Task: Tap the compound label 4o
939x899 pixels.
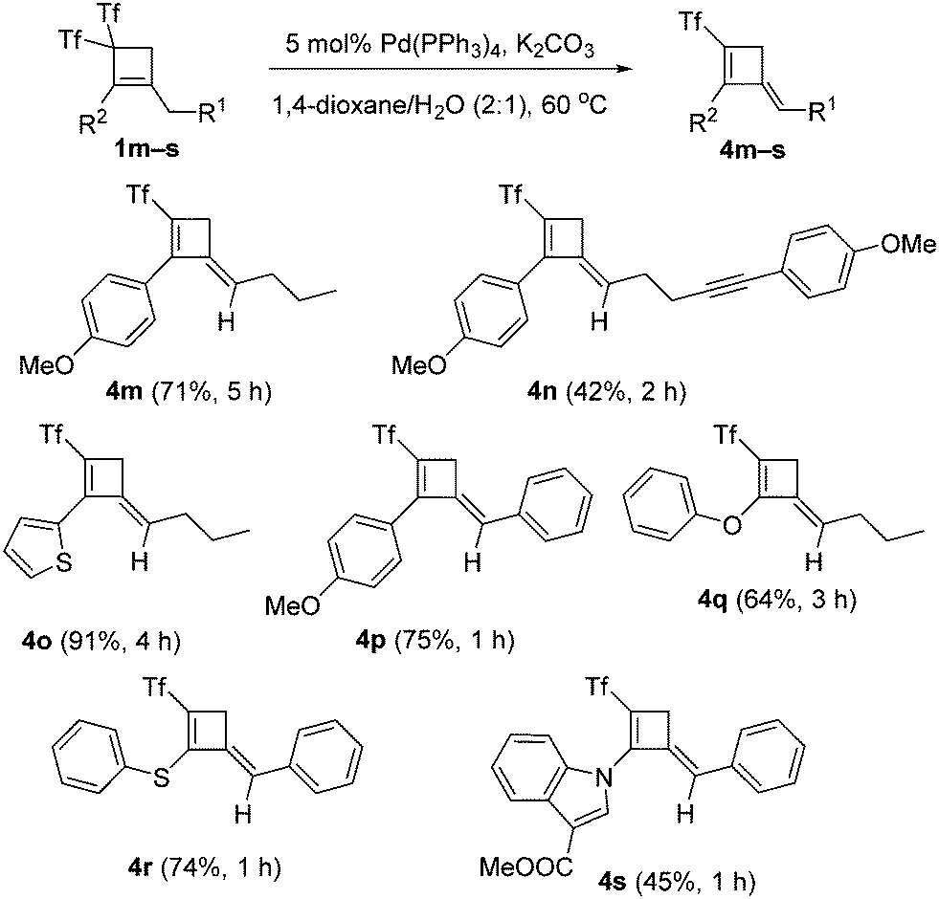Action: [37, 642]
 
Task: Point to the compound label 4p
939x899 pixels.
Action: [371, 642]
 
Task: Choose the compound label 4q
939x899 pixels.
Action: [713, 599]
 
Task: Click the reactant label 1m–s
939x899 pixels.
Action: [146, 149]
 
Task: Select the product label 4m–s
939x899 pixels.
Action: [752, 150]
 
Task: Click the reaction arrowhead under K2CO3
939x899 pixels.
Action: [625, 68]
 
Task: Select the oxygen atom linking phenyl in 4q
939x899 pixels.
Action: [731, 525]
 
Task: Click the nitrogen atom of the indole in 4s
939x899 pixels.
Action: [606, 778]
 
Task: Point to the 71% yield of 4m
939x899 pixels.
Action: [180, 393]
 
